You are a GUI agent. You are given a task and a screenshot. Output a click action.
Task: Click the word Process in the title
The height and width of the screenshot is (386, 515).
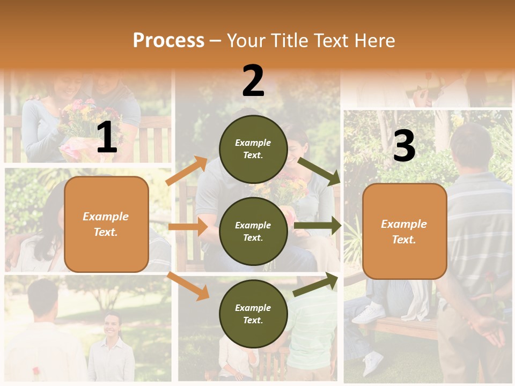(x=168, y=40)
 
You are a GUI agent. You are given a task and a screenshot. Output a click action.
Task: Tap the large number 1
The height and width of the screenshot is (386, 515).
(x=107, y=138)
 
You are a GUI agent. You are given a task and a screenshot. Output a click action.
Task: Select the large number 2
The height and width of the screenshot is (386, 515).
(x=253, y=81)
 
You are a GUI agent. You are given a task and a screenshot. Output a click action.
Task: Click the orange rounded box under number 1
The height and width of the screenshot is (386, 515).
(x=106, y=224)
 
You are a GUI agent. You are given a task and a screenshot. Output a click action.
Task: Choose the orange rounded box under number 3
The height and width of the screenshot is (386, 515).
(x=404, y=232)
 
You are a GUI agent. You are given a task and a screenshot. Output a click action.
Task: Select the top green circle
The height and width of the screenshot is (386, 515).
(x=253, y=149)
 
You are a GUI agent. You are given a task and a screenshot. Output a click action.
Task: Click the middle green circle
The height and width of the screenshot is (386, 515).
(x=253, y=231)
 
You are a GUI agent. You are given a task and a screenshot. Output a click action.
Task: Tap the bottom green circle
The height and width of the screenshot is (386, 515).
(x=253, y=314)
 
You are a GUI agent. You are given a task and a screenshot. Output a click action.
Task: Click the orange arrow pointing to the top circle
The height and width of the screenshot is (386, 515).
(x=187, y=170)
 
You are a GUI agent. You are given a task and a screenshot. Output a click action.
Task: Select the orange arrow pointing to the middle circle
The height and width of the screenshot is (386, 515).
(x=188, y=227)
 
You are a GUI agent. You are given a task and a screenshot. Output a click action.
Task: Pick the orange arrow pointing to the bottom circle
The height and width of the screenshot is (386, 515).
(x=188, y=285)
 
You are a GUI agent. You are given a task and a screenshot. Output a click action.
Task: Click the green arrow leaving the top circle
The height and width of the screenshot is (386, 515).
(x=319, y=171)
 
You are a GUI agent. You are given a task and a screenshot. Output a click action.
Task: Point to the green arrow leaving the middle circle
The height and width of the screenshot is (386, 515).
(x=317, y=226)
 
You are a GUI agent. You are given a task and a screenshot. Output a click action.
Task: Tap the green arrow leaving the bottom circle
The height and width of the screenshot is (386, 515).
(x=315, y=285)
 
